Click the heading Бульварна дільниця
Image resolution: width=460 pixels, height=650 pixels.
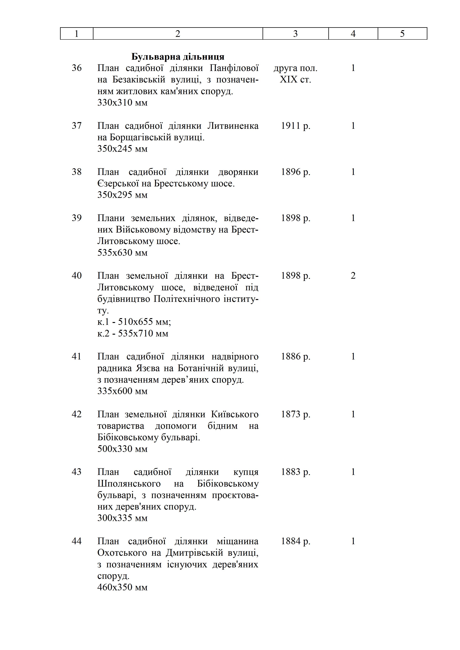click(x=178, y=57)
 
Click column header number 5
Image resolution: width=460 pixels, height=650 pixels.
click(x=402, y=34)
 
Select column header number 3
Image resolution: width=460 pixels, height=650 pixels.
click(x=295, y=34)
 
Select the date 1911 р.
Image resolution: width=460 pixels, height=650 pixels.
click(x=295, y=126)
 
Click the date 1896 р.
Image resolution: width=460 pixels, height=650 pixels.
click(x=295, y=172)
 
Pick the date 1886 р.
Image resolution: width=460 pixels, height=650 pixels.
click(x=295, y=356)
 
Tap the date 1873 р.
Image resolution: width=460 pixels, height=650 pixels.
click(x=295, y=414)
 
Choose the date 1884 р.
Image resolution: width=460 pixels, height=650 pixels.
click(x=295, y=541)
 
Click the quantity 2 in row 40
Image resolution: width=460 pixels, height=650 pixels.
click(x=353, y=276)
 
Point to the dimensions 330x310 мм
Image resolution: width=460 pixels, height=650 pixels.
click(x=122, y=102)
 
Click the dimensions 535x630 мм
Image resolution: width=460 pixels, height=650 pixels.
click(x=122, y=253)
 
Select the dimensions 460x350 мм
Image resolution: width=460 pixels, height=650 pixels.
click(x=122, y=587)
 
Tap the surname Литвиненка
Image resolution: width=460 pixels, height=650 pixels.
click(x=233, y=126)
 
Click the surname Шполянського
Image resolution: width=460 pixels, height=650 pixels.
click(x=129, y=484)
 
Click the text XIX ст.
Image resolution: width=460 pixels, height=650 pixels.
click(x=295, y=79)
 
